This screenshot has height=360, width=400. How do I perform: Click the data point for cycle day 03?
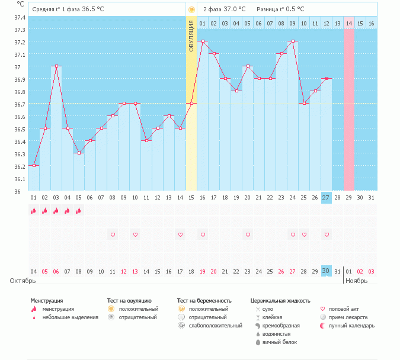point(56,66)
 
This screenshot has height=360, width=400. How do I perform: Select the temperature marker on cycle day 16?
point(203,41)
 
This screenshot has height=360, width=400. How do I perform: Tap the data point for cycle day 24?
point(293,41)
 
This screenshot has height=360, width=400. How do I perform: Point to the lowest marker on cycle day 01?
point(34,166)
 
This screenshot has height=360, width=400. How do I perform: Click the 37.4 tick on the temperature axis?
point(20,17)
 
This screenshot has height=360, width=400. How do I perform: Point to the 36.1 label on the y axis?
point(20,179)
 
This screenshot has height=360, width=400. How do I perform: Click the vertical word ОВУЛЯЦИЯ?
point(191,35)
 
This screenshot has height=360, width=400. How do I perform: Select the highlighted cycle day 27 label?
point(327,198)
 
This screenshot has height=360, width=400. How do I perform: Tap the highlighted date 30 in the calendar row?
point(327,271)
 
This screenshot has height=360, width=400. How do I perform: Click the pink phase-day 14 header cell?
point(349,23)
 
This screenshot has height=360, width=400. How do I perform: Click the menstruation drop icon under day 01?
point(34,210)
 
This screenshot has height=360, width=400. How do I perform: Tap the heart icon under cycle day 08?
point(113,235)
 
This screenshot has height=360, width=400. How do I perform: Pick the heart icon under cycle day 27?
point(327,235)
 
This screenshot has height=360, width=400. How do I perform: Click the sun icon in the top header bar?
point(191,9)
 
